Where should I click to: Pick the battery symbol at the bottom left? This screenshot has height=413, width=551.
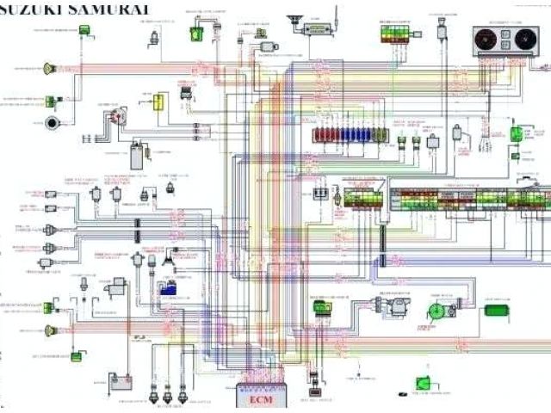[118, 382]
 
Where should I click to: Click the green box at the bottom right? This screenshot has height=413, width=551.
[423, 382]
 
